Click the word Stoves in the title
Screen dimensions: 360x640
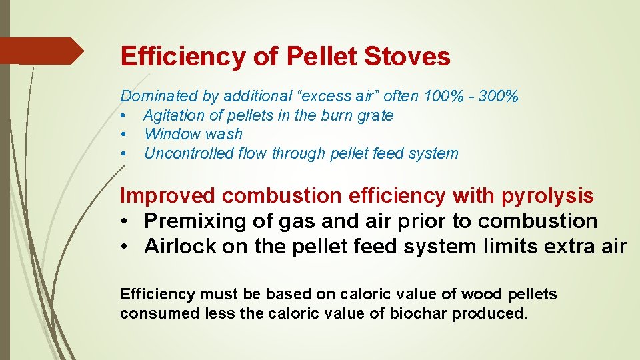click(407, 57)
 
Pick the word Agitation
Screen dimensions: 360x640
click(172, 115)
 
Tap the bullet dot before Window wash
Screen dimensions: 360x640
click(123, 135)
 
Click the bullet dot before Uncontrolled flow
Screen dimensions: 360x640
click(123, 154)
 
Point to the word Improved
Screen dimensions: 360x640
click(168, 196)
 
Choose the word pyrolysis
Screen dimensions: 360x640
click(548, 196)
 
